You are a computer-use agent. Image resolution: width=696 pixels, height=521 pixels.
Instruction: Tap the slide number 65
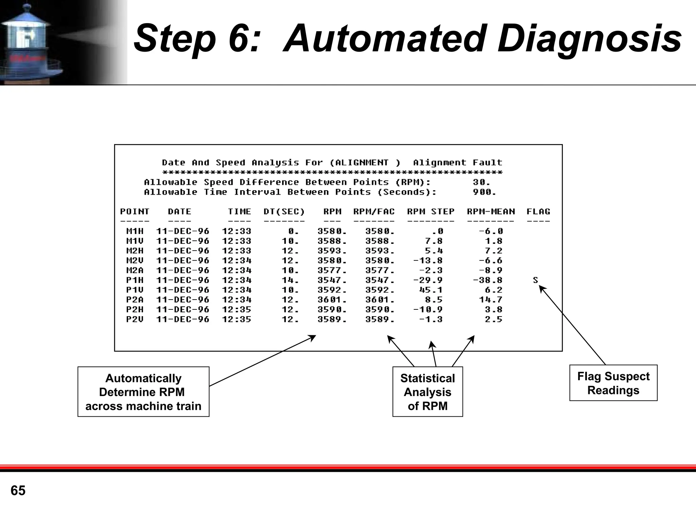click(18, 490)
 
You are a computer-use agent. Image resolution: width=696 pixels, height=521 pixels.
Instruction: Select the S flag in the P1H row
click(536, 280)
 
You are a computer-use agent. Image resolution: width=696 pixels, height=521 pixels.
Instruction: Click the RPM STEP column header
click(431, 212)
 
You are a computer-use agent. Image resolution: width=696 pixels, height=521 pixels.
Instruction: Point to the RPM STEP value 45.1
click(431, 290)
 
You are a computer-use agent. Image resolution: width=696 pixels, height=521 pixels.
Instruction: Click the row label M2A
click(135, 270)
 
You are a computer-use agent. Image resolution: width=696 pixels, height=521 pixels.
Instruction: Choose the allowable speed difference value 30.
click(481, 182)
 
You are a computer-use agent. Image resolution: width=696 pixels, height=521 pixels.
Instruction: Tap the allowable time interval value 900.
click(484, 192)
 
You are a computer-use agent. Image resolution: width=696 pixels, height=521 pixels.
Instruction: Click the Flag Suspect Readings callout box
click(613, 383)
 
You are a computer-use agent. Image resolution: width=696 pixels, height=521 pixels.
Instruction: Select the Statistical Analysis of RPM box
click(428, 392)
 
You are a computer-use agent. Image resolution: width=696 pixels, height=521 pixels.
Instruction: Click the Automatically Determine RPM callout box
click(143, 392)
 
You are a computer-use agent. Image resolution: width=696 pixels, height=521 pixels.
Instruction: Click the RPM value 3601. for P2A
click(332, 300)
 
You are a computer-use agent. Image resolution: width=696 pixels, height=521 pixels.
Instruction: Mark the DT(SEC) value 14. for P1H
click(290, 280)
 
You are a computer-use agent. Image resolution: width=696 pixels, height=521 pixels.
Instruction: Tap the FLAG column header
click(538, 212)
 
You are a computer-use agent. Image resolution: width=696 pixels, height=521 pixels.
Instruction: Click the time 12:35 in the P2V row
click(237, 319)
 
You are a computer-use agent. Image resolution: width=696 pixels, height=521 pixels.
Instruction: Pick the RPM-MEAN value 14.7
click(490, 300)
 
